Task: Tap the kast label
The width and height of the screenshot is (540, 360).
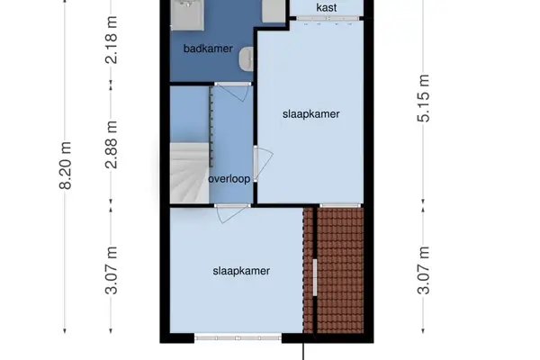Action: coord(328,8)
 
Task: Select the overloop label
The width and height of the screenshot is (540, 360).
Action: coord(229,178)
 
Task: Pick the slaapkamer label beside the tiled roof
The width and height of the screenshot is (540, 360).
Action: coord(241,269)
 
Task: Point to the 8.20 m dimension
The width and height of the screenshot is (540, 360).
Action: coord(64,166)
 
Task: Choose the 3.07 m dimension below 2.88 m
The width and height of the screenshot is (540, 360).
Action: coord(111,271)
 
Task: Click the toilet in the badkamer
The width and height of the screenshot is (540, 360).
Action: coord(245,59)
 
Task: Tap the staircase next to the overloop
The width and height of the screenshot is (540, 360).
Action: coord(185,171)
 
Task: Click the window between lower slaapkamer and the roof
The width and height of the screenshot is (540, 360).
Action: coord(315,279)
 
